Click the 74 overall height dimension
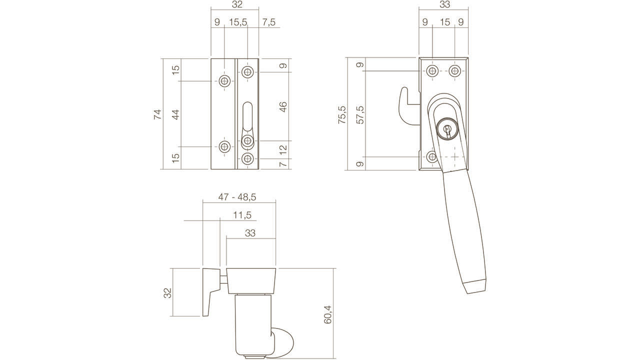tap(157, 114)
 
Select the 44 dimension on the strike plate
tap(175, 114)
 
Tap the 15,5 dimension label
tap(238, 22)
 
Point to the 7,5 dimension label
tap(268, 22)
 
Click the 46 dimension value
tap(282, 107)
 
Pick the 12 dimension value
tap(282, 149)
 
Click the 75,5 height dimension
tap(342, 114)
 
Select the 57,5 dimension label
tap(360, 114)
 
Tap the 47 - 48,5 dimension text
tap(237, 197)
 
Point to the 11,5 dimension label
tap(242, 215)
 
